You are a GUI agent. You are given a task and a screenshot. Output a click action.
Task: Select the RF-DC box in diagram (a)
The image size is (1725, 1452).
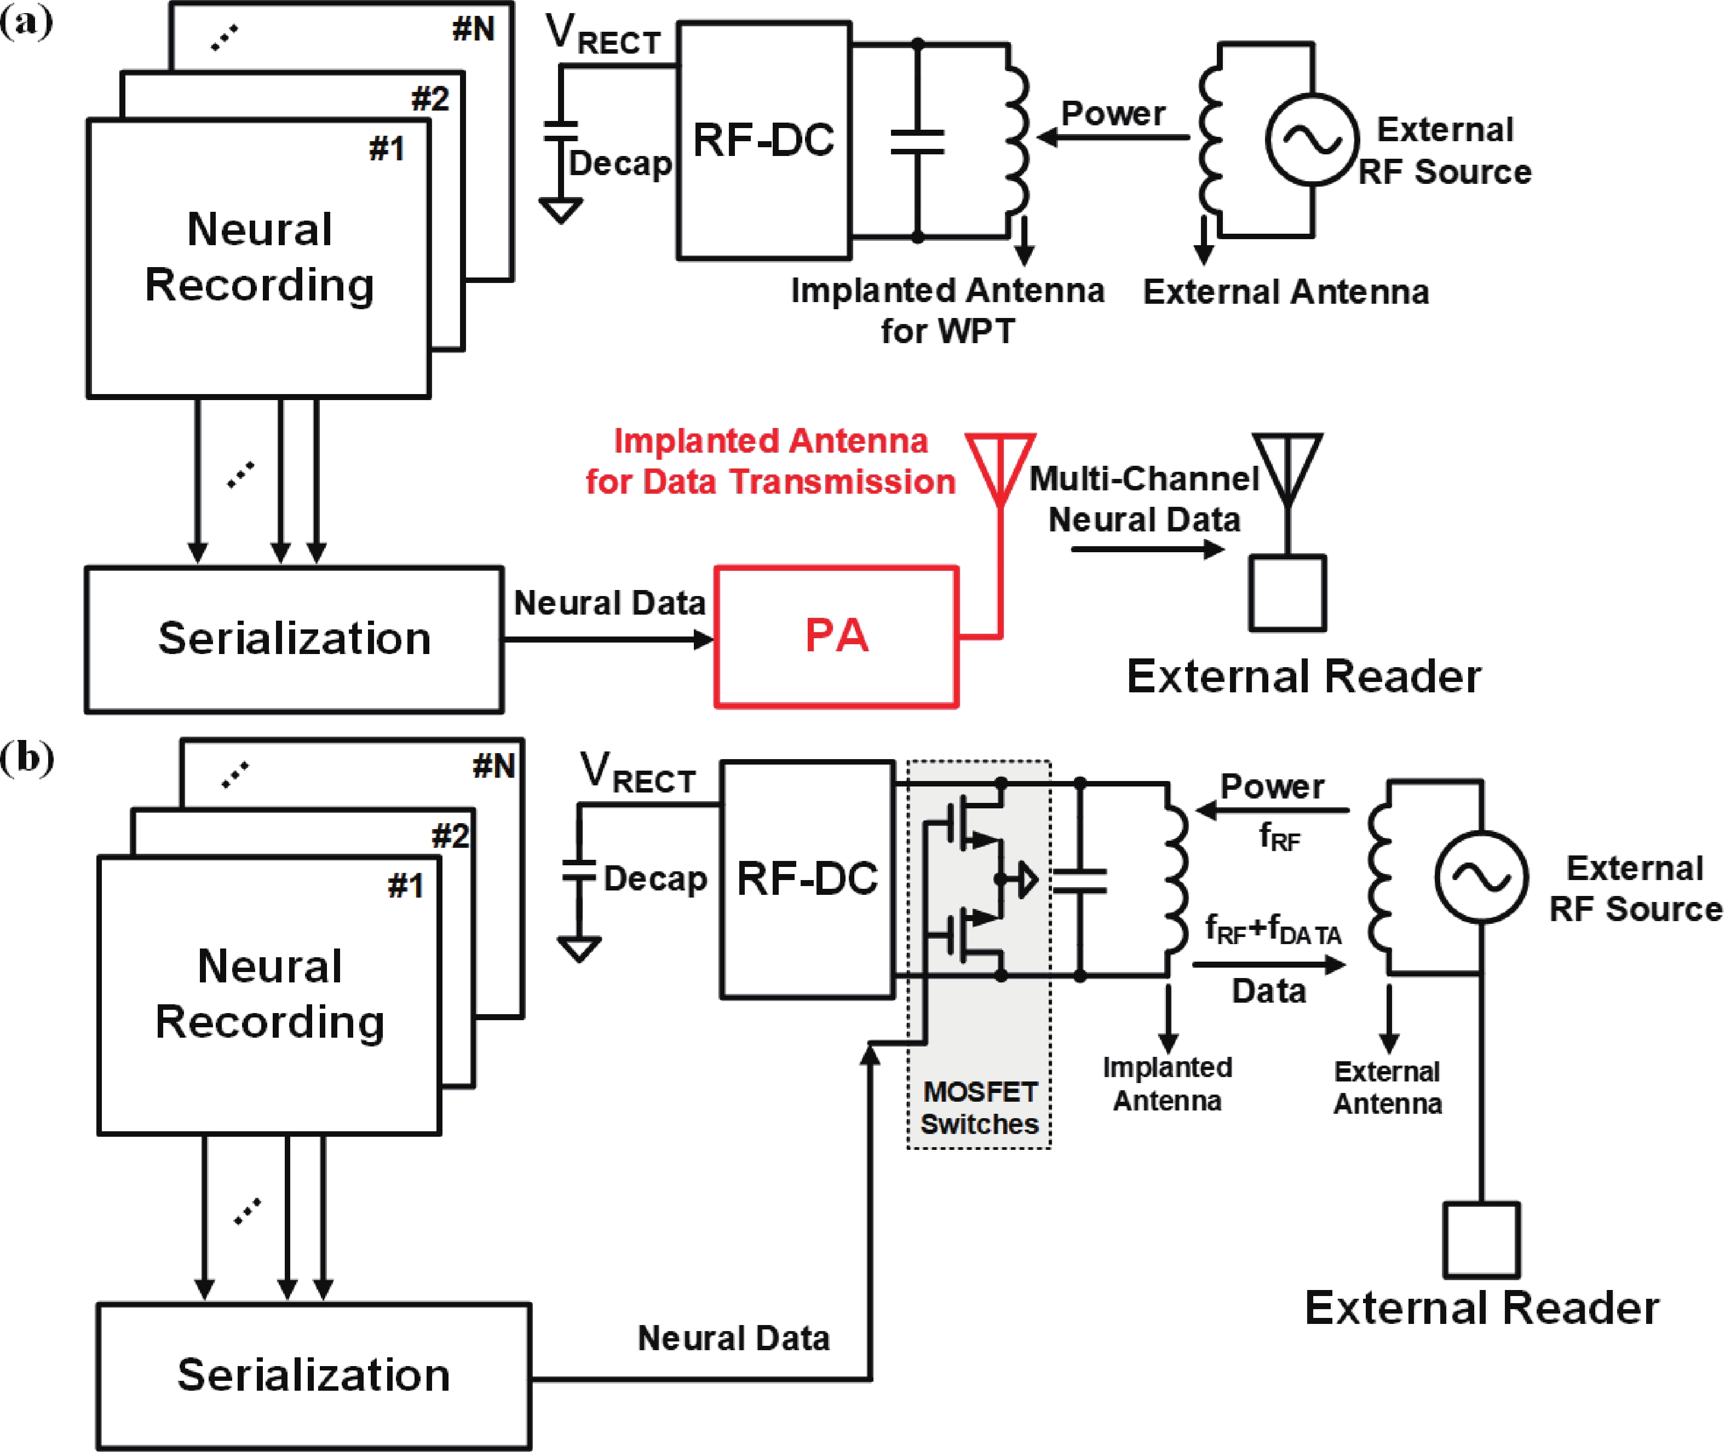[763, 140]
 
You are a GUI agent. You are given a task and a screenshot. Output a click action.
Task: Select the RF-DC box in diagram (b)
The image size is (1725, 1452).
[807, 879]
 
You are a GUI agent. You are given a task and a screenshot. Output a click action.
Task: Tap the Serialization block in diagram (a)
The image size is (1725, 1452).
[294, 639]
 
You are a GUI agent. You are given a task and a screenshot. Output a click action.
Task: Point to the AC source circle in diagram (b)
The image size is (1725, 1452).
[1481, 877]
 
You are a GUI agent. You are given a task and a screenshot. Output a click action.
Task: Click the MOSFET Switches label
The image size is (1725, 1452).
[980, 1108]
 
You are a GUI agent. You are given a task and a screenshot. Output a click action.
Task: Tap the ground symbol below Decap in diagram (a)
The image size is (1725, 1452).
[561, 211]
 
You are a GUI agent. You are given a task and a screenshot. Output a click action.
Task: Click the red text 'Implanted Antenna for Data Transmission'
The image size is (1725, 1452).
[770, 461]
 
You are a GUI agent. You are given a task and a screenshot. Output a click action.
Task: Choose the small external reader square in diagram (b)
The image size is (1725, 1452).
[1481, 1240]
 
